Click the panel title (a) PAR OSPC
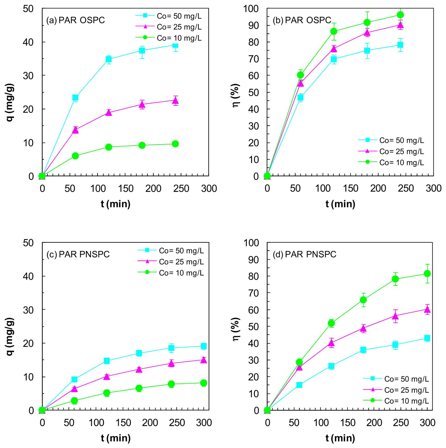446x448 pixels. point(75,20)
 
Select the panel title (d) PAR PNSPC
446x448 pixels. point(305,254)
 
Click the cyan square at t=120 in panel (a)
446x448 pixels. point(109,59)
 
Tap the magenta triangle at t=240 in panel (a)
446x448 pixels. point(175,101)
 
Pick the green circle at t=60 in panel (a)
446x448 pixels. point(75,156)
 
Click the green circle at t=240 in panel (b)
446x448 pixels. point(400,15)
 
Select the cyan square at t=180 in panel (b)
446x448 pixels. point(367,50)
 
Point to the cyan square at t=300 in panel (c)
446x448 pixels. point(204,346)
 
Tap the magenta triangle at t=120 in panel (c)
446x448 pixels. point(107,377)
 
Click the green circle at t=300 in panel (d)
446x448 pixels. point(427,273)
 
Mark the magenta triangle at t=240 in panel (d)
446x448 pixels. point(395,316)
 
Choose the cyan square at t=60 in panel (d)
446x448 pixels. point(299,385)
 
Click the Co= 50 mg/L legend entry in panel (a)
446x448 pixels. point(169,16)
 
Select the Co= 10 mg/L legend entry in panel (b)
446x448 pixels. point(391,162)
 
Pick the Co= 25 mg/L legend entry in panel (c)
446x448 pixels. point(171,262)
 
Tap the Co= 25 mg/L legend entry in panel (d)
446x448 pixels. point(396,390)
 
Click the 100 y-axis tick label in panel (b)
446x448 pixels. point(251,9)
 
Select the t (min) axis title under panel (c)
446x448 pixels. point(116,438)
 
